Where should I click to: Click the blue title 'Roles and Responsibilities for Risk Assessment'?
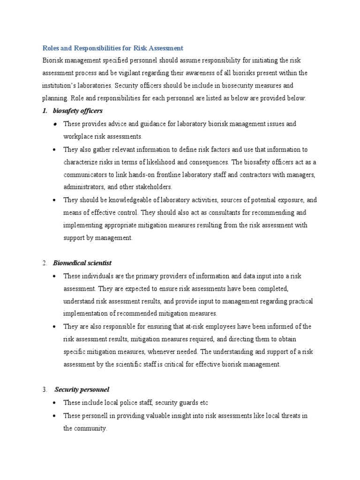(113, 48)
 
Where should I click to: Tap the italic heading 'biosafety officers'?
(77, 111)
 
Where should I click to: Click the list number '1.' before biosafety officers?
(46, 111)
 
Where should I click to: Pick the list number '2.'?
(45, 263)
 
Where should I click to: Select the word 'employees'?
(232, 327)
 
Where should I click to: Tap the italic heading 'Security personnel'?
(82, 390)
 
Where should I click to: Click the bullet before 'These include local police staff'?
(55, 403)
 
